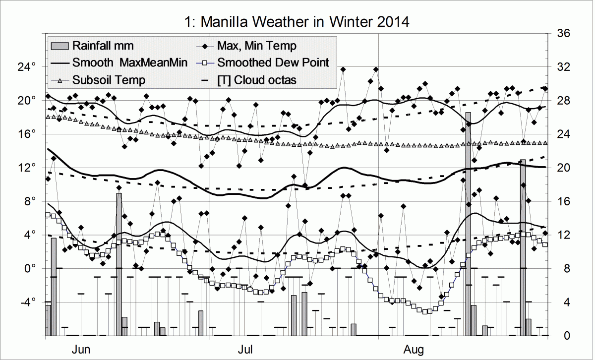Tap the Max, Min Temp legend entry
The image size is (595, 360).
tap(256, 46)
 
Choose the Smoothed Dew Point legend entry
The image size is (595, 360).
tap(273, 62)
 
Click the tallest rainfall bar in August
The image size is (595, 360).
tap(468, 223)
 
